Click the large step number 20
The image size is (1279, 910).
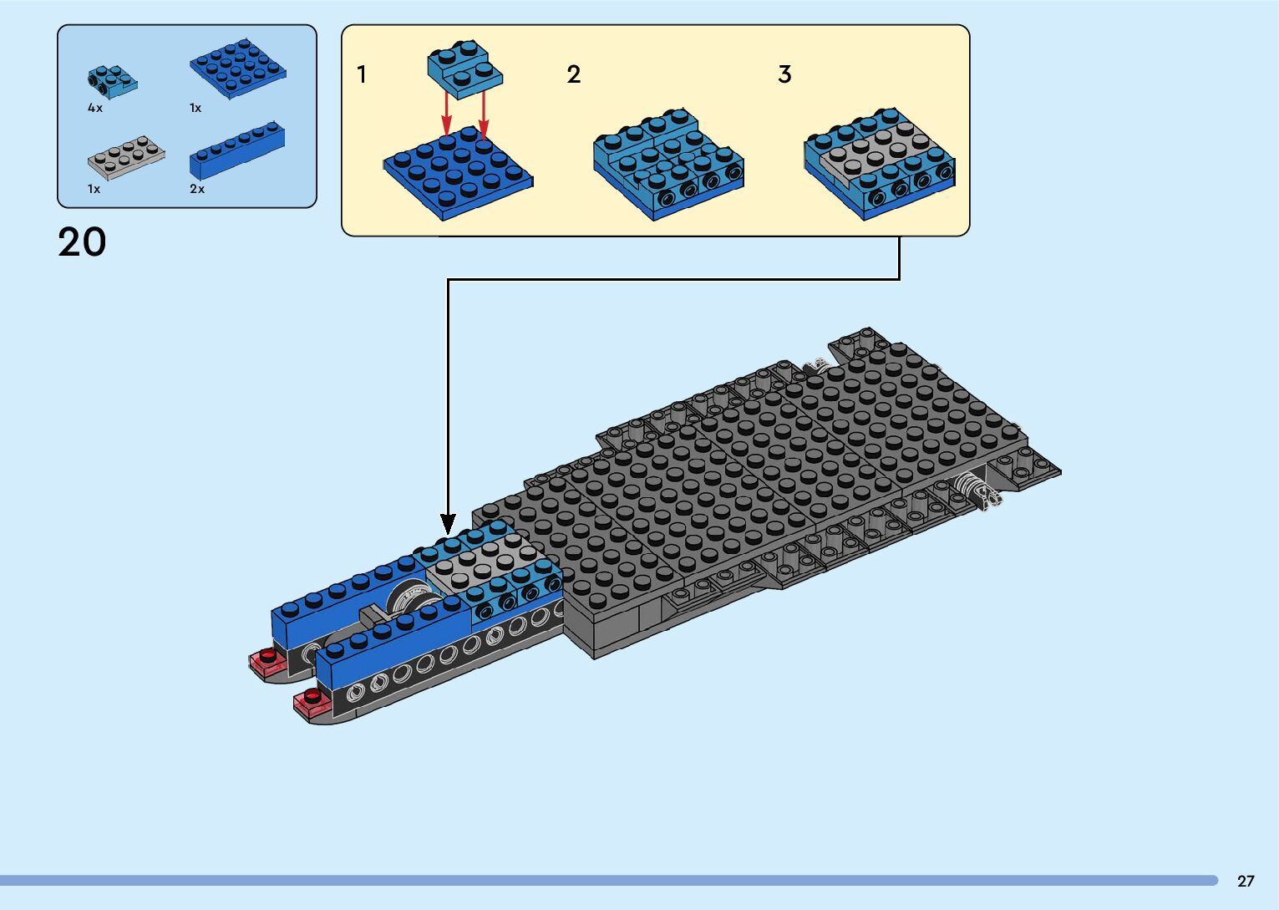(x=82, y=242)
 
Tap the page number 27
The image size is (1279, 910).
(x=1246, y=881)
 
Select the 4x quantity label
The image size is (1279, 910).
(x=95, y=108)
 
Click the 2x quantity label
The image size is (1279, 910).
(x=197, y=189)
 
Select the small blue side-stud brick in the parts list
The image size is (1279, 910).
(x=111, y=80)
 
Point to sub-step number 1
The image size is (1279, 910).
(x=362, y=74)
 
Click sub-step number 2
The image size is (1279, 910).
(x=573, y=74)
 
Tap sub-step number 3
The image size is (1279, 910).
(x=784, y=74)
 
